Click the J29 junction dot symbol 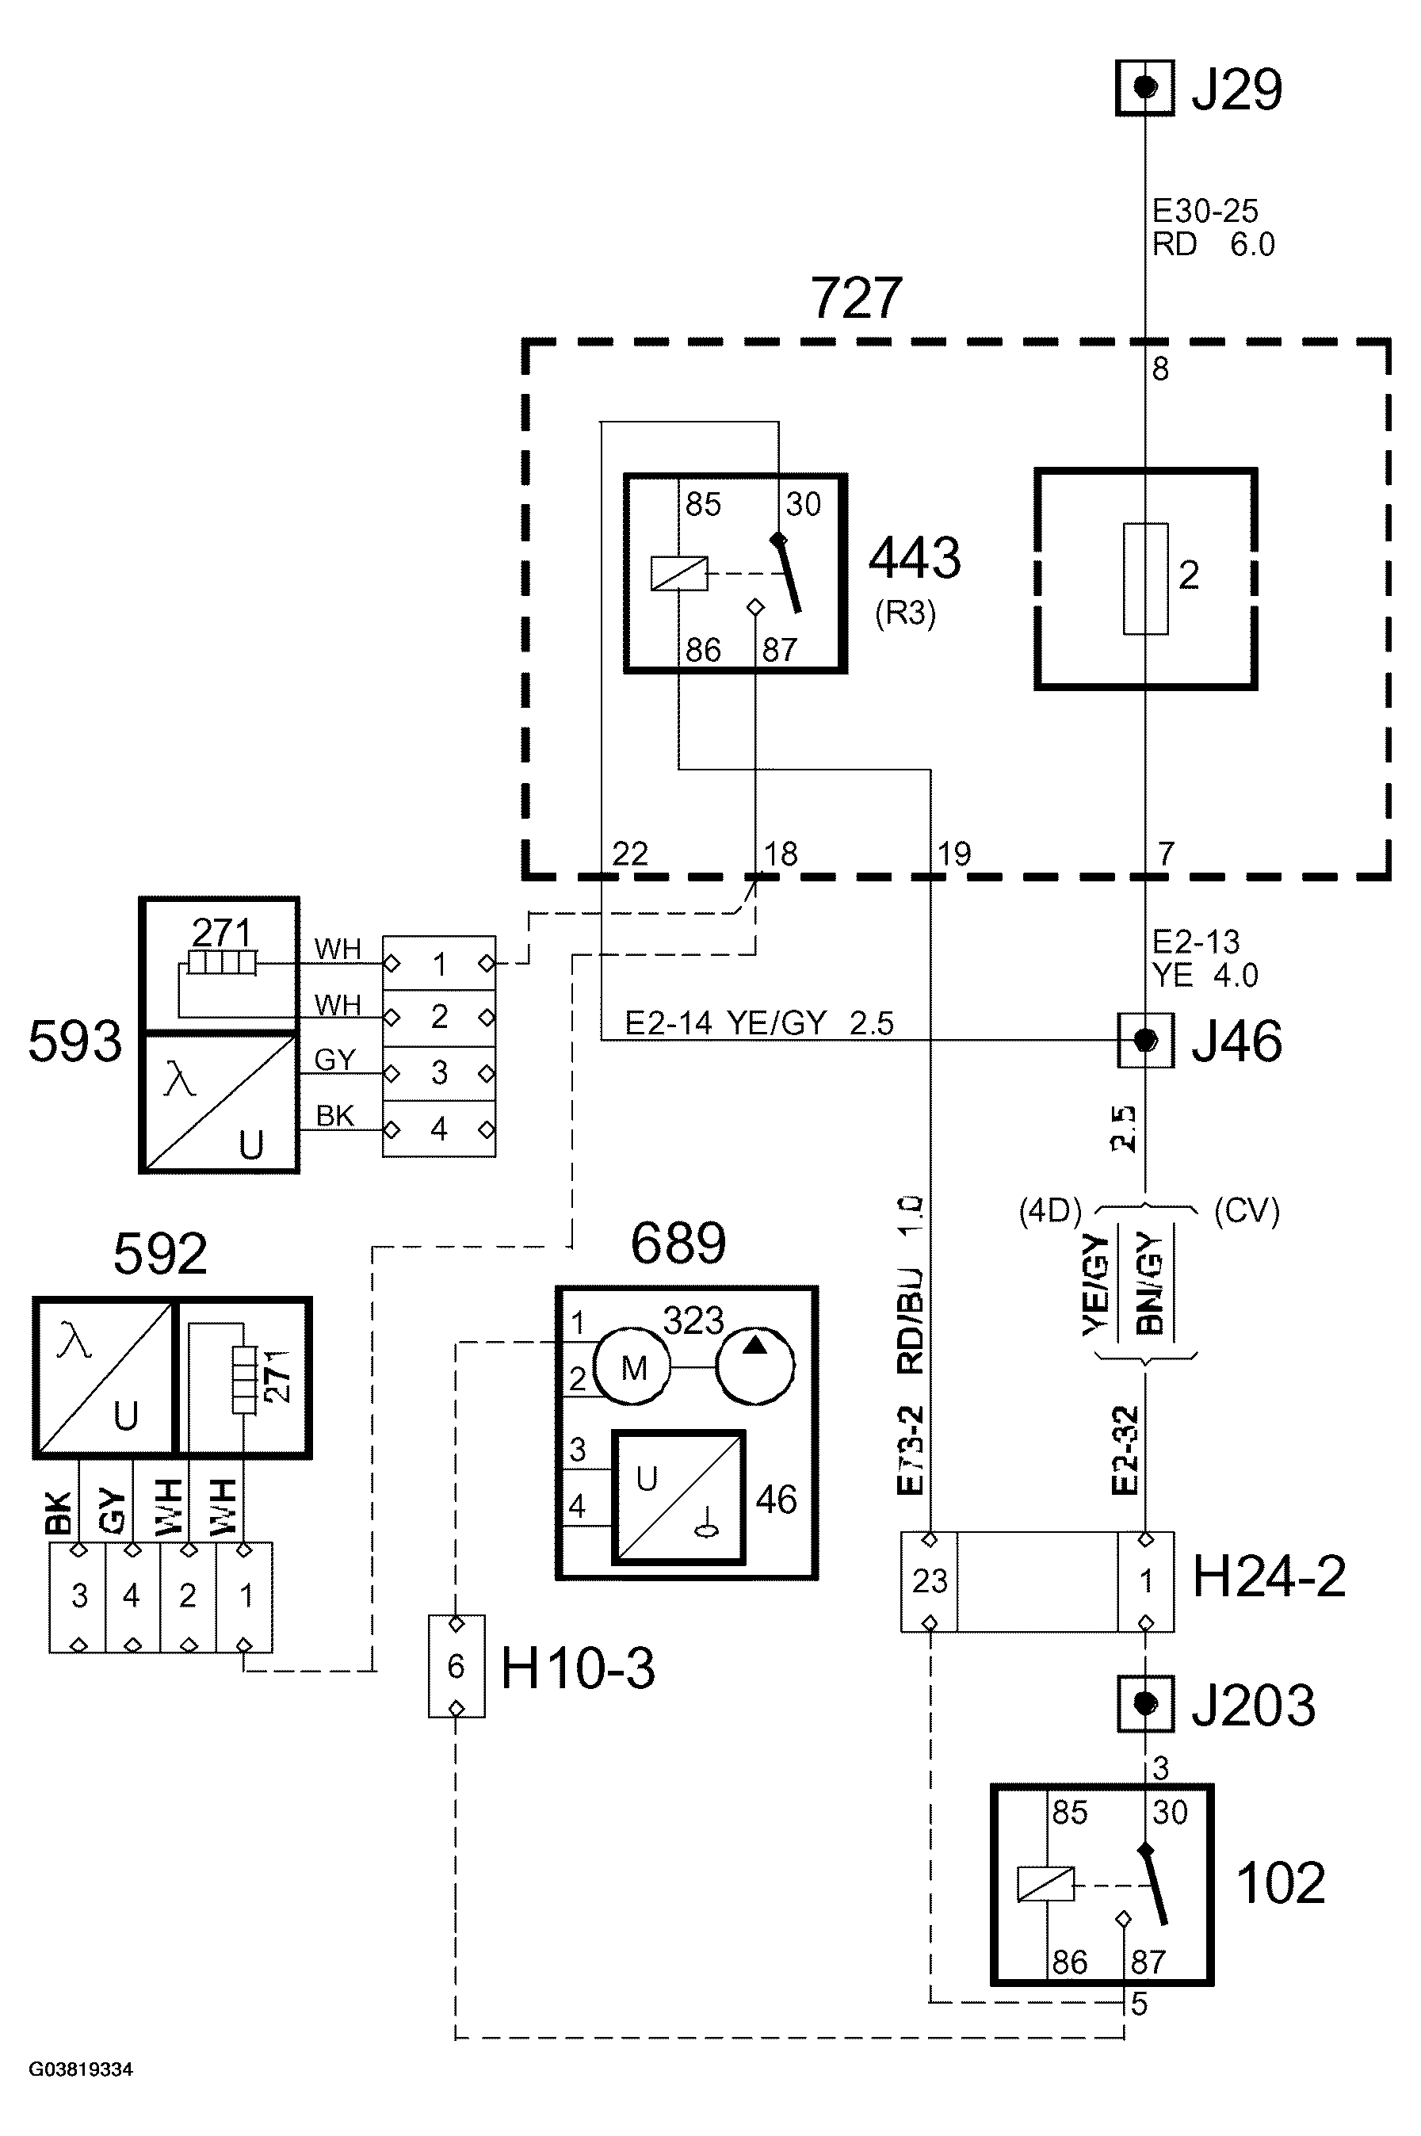point(1144,88)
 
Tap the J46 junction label point(1236,1041)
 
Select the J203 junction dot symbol point(1144,1704)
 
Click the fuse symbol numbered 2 point(1144,578)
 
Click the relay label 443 point(915,557)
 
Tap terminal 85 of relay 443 point(702,505)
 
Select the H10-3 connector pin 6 point(456,1666)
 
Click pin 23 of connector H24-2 point(929,1581)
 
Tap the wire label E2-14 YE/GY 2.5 point(759,1023)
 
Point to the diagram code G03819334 point(81,2069)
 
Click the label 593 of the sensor point(74,1041)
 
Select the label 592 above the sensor point(159,1254)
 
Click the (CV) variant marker point(1246,1211)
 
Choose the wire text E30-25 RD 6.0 point(1213,227)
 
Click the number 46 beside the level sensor point(776,1500)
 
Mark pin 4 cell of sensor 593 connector point(438,1129)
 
